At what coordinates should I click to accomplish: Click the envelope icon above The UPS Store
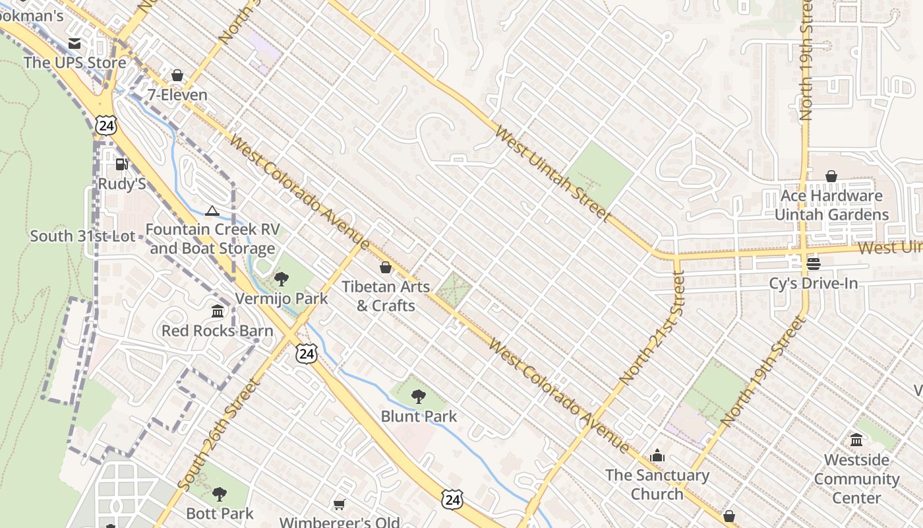click(x=74, y=44)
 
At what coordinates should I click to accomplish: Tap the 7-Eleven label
click(x=177, y=94)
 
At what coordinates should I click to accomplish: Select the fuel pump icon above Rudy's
click(x=121, y=164)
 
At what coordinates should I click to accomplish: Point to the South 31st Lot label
click(x=82, y=236)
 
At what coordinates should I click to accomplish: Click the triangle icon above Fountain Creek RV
click(x=212, y=211)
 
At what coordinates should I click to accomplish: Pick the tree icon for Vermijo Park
click(x=282, y=279)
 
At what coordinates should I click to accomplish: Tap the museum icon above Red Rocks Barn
click(x=218, y=311)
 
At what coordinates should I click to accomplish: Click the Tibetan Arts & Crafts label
click(x=386, y=296)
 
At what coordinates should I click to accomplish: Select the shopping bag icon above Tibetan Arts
click(x=386, y=267)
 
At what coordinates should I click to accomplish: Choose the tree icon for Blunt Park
click(x=418, y=397)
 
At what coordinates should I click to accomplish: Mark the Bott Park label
click(x=220, y=513)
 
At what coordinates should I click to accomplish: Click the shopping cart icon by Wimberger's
click(x=339, y=504)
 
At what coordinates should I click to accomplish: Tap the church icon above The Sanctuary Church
click(x=657, y=455)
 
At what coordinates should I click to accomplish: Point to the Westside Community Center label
click(x=856, y=478)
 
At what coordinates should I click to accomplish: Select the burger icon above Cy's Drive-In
click(x=814, y=264)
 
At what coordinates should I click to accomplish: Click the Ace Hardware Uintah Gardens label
click(x=831, y=205)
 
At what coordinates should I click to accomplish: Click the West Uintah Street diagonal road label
click(x=552, y=174)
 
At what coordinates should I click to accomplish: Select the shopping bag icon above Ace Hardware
click(x=831, y=176)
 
